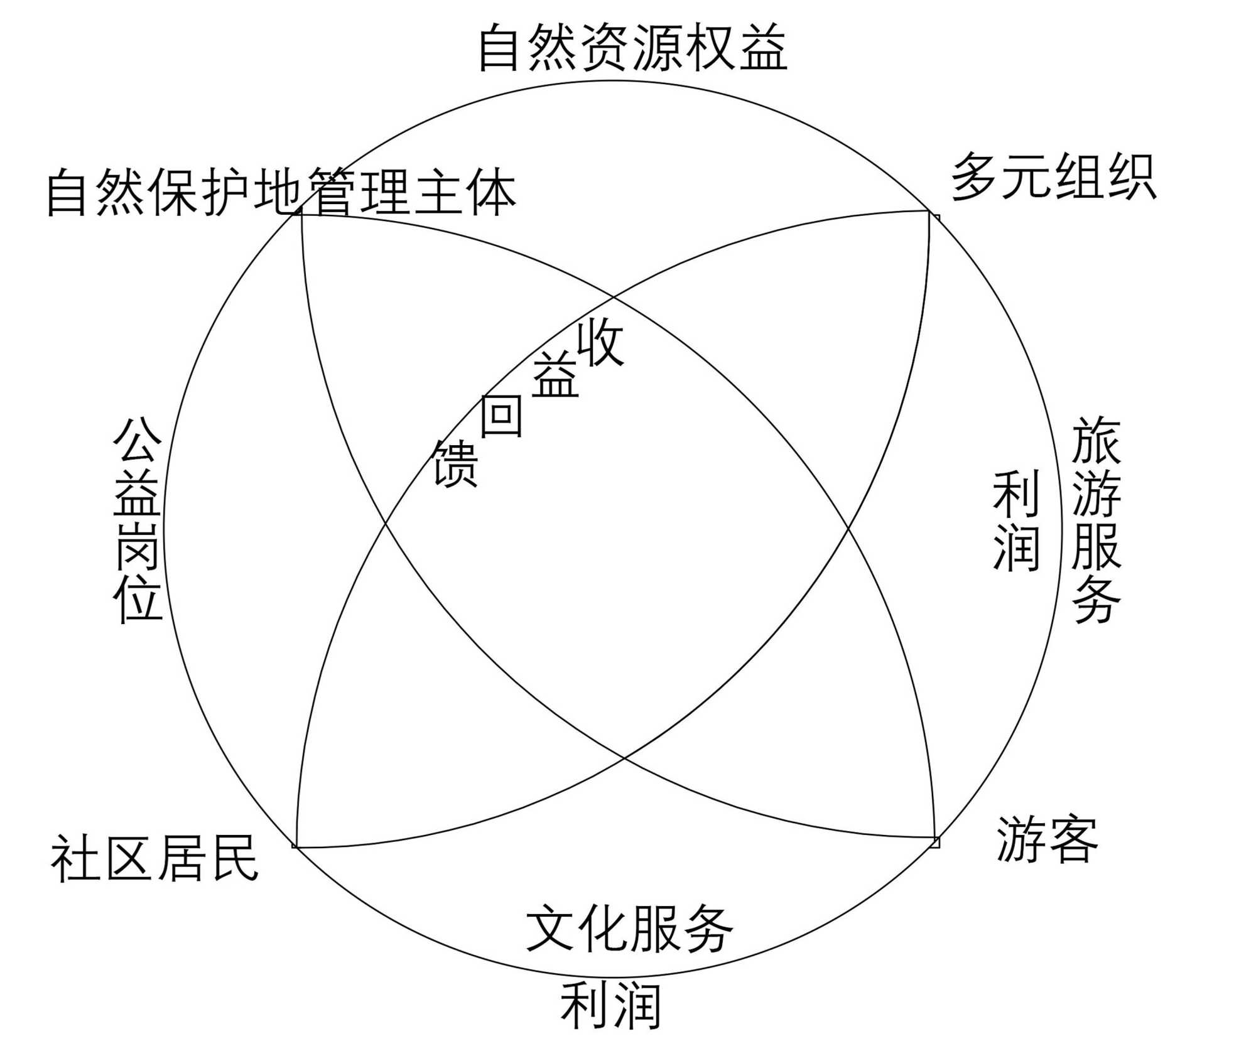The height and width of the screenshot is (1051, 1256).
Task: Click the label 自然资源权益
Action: click(632, 48)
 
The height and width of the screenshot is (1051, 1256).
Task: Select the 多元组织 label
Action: click(1053, 177)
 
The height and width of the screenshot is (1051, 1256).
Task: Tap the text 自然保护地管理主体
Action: click(281, 192)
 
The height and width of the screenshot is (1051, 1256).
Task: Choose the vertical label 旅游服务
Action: click(1096, 520)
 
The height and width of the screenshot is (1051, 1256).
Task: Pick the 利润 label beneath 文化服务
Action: click(610, 1007)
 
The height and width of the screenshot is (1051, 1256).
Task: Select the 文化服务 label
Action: click(629, 930)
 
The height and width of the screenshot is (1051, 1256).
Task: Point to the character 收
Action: click(600, 342)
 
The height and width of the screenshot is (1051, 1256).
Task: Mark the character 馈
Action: click(456, 464)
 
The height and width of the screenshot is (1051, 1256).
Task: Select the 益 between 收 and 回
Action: click(555, 375)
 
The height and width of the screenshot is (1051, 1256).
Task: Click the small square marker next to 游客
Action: click(936, 842)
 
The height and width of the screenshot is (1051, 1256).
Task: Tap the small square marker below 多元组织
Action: click(935, 218)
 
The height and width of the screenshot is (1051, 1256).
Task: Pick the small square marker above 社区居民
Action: click(295, 846)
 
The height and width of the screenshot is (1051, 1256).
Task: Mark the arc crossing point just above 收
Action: click(614, 296)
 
